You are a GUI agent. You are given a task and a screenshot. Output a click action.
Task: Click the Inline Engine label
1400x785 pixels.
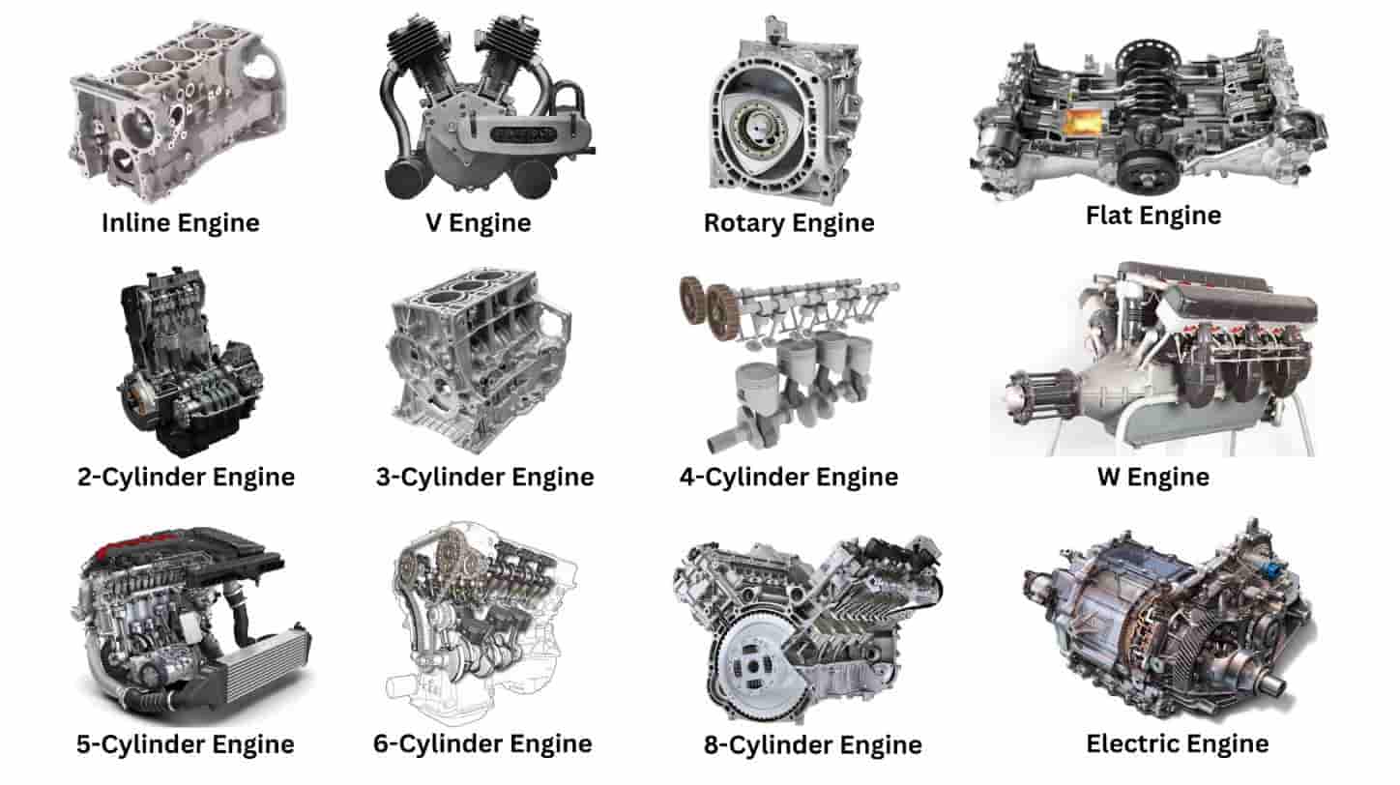coord(181,223)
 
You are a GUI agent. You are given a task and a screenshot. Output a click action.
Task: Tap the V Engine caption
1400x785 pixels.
coord(479,223)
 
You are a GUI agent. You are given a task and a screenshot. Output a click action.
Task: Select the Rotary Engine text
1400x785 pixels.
coord(789,223)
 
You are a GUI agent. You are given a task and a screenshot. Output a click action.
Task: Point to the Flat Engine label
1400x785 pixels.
coord(1153,215)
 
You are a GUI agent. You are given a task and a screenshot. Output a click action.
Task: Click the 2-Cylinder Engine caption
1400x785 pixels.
coord(186,477)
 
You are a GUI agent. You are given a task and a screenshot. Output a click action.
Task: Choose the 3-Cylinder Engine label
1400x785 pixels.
coord(484,477)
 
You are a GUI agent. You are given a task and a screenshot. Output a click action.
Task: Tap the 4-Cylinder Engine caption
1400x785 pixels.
coord(789,477)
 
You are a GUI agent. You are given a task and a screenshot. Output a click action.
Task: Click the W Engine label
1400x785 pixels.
coord(1153,477)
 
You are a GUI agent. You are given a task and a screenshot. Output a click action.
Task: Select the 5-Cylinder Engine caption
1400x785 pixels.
coord(186,744)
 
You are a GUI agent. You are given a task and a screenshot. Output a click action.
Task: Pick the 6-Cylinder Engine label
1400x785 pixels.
coord(482,743)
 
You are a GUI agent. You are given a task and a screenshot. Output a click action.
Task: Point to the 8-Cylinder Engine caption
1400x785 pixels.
coord(812,745)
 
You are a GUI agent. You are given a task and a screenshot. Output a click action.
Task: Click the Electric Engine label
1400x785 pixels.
coord(1178,743)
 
